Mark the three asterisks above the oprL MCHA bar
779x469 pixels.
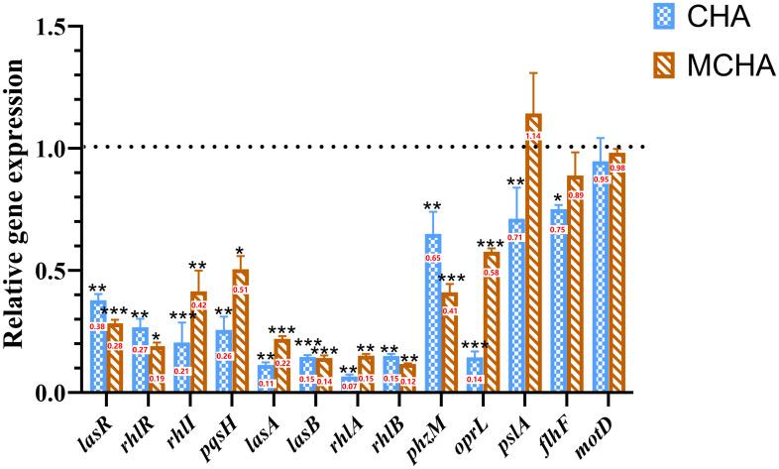[x=491, y=244]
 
